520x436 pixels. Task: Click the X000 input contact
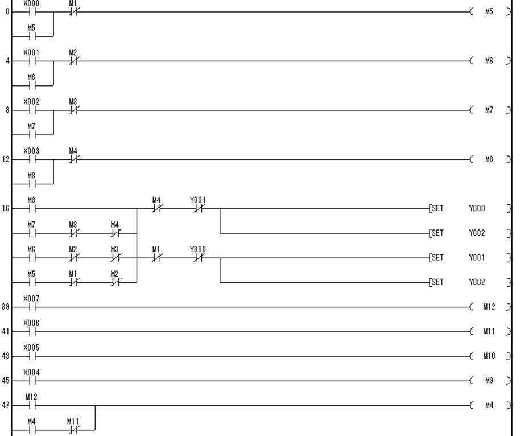point(32,12)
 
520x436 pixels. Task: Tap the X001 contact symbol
point(32,61)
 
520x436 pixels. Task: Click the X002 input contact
point(32,110)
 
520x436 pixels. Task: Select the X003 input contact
point(32,159)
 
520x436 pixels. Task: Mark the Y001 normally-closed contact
point(198,209)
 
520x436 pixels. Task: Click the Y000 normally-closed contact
point(198,258)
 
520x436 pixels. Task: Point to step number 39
point(6,307)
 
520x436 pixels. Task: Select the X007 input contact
point(32,307)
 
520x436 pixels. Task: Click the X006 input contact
point(32,332)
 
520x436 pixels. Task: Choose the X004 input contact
point(32,381)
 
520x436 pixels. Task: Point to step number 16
point(6,209)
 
